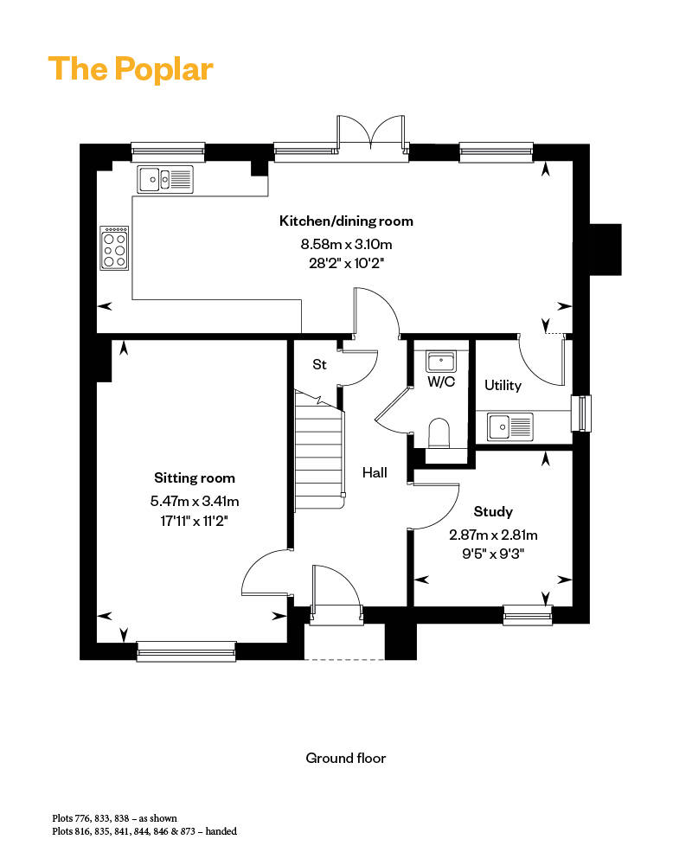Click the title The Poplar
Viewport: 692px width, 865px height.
[131, 69]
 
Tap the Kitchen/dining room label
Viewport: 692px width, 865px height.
[346, 221]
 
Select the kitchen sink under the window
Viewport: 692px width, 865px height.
[164, 180]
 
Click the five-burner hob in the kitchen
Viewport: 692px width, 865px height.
[115, 248]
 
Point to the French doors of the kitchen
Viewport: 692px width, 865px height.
[372, 136]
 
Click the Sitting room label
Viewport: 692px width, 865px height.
[195, 477]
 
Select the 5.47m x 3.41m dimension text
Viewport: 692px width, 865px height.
[195, 500]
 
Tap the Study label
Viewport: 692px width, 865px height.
[493, 511]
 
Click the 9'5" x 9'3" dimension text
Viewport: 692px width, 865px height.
[493, 550]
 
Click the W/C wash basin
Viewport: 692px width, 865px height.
[441, 360]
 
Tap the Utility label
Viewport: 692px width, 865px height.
[503, 385]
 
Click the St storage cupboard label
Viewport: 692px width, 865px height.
[319, 365]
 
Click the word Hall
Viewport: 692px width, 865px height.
[375, 473]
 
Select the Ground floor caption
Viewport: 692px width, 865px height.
[346, 759]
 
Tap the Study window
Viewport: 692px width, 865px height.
[528, 615]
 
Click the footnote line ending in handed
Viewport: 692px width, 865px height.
[144, 831]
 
